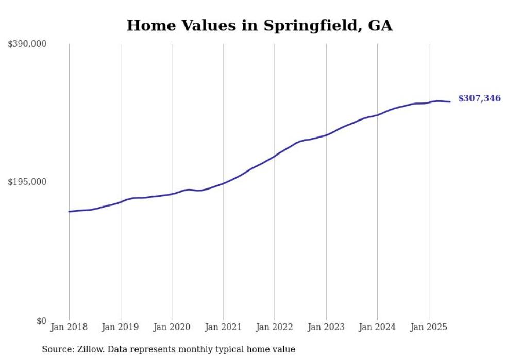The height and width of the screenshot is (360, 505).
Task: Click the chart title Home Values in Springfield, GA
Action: click(259, 25)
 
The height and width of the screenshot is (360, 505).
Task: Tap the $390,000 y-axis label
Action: click(27, 44)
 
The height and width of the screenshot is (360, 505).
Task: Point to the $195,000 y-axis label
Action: click(27, 182)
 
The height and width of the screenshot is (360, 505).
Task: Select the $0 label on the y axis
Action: click(41, 321)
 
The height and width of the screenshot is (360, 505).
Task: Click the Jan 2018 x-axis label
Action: click(69, 327)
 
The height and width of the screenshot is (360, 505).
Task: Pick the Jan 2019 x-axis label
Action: click(121, 327)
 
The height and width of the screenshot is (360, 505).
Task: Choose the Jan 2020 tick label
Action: click(172, 327)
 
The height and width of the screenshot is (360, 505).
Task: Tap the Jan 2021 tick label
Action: click(223, 327)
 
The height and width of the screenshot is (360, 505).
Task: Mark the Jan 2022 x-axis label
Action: click(275, 327)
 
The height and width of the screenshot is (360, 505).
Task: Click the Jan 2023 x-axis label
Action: click(326, 327)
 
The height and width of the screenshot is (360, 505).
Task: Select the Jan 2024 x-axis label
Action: click(377, 327)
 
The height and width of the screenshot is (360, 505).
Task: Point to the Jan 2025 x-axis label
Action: click(428, 327)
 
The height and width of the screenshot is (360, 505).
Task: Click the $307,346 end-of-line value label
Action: click(479, 98)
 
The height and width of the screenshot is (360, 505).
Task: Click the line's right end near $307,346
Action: click(450, 101)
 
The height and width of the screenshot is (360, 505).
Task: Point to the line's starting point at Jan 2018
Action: click(69, 211)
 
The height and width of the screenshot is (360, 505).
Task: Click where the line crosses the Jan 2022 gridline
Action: click(275, 156)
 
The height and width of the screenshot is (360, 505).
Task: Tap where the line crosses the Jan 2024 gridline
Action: click(377, 115)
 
